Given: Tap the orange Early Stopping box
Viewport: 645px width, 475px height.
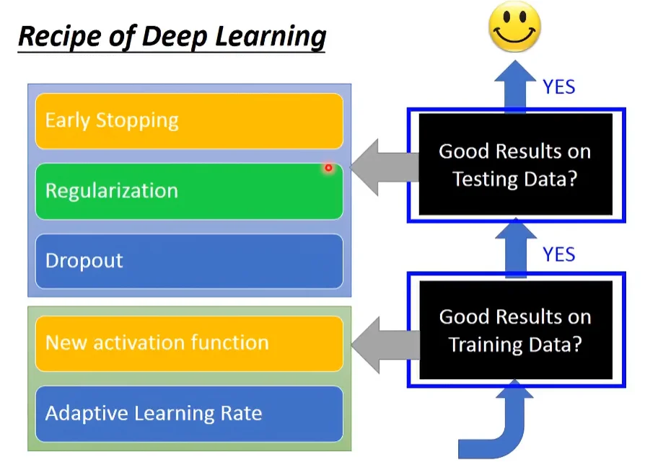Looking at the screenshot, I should (x=189, y=120).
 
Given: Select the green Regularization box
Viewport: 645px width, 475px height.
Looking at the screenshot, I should (x=189, y=191).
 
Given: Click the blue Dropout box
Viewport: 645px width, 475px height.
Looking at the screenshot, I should (x=189, y=261).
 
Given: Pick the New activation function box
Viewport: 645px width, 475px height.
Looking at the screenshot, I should (x=189, y=343).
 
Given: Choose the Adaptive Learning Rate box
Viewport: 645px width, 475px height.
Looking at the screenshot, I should (x=189, y=414).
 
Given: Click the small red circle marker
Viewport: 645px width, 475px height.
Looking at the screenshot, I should (x=328, y=168).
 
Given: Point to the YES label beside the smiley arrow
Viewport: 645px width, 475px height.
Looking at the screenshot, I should (x=559, y=87).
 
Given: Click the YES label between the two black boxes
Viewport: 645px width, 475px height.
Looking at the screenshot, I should (x=559, y=254).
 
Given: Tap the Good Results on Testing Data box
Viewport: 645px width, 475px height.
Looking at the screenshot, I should (x=515, y=165).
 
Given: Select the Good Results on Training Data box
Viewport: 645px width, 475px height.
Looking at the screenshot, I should (x=515, y=330).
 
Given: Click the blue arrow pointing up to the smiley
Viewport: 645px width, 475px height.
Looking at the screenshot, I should (x=515, y=85).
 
